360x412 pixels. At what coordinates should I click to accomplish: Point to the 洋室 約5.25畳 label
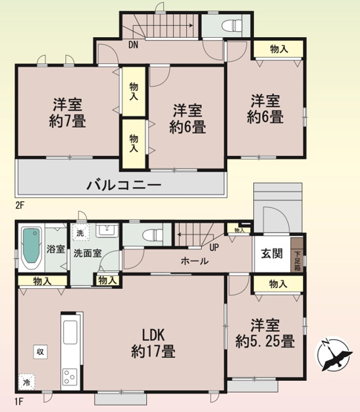(x=266, y=333)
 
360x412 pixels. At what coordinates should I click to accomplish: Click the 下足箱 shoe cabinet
(x=297, y=256)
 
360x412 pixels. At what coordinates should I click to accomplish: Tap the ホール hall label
(x=194, y=261)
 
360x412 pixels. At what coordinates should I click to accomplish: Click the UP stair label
(x=214, y=247)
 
